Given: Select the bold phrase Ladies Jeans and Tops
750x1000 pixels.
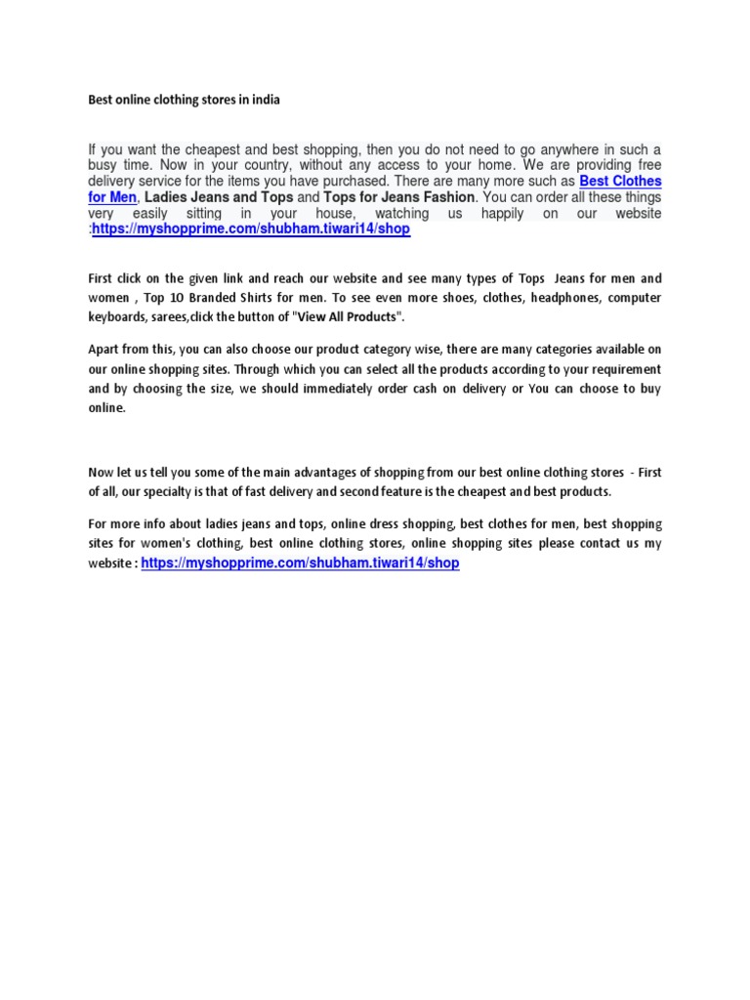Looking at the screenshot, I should [219, 197].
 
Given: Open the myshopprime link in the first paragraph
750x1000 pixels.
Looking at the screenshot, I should [251, 229].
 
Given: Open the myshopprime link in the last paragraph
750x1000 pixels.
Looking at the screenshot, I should [301, 563].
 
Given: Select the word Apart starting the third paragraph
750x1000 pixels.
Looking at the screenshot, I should [105, 350].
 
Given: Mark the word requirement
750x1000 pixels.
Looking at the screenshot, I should [623, 369].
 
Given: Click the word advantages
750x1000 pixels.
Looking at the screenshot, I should [335, 472].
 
